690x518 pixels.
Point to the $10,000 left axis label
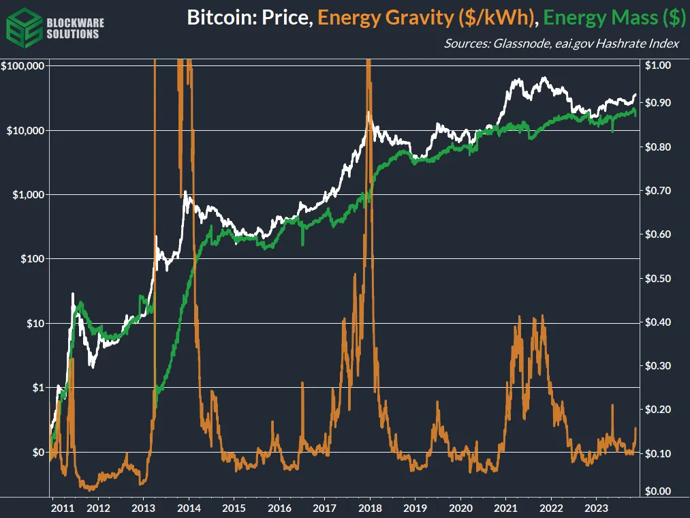(x=25, y=130)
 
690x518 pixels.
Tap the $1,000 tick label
(x=27, y=195)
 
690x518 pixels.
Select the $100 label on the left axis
(x=31, y=259)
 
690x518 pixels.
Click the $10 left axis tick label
(x=33, y=323)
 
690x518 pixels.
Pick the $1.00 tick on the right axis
(x=657, y=66)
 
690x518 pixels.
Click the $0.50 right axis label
(x=657, y=279)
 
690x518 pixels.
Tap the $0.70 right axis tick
(x=657, y=191)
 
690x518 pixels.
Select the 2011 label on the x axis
(x=62, y=508)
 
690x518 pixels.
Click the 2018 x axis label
(x=370, y=508)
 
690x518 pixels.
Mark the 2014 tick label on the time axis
(x=189, y=508)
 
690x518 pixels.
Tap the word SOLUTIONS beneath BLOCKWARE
(x=73, y=34)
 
